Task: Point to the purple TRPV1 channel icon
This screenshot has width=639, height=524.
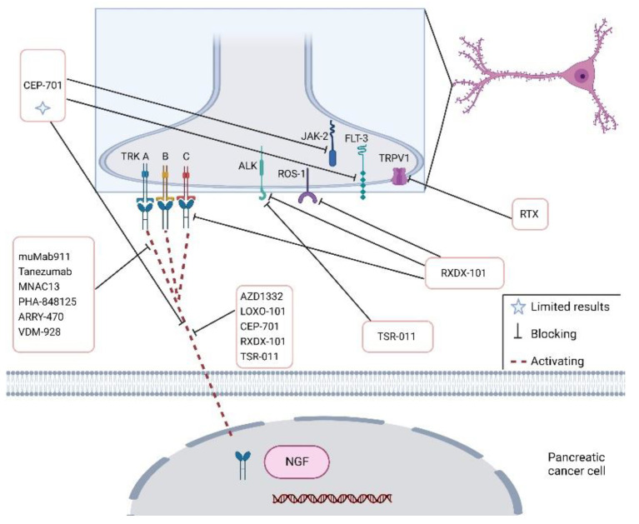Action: pos(402,175)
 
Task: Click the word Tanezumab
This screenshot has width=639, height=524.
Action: pos(47,260)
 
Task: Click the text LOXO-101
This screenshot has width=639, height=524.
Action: pos(259,312)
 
